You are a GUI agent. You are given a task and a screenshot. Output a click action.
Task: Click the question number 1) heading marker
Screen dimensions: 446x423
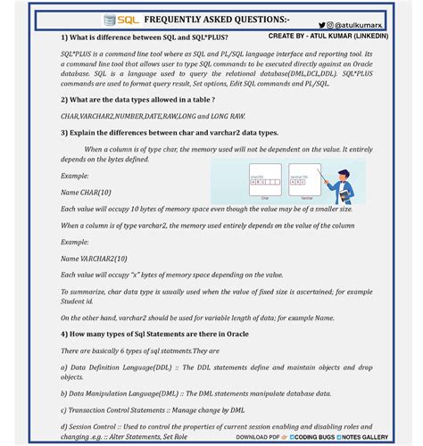tap(65, 37)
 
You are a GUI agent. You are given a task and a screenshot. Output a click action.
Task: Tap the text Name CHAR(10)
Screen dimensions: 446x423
tap(87, 192)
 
